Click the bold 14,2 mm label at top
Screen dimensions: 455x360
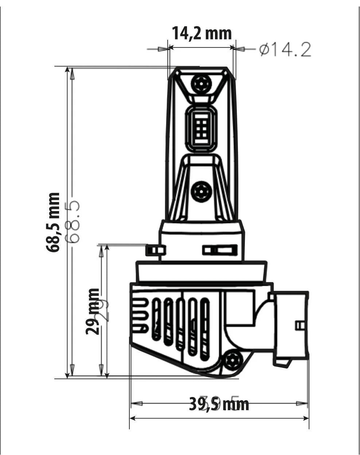click(x=201, y=33)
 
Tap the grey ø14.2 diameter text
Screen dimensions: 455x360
click(x=285, y=50)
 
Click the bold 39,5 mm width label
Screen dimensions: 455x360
click(x=219, y=404)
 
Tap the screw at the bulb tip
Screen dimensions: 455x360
click(x=200, y=84)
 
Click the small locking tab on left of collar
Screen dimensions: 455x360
click(x=155, y=250)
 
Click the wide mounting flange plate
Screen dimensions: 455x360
click(x=201, y=272)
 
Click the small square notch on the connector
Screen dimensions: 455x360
click(x=300, y=325)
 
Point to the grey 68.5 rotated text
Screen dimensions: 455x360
click(x=72, y=222)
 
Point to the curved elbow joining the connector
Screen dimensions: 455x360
click(x=262, y=314)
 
